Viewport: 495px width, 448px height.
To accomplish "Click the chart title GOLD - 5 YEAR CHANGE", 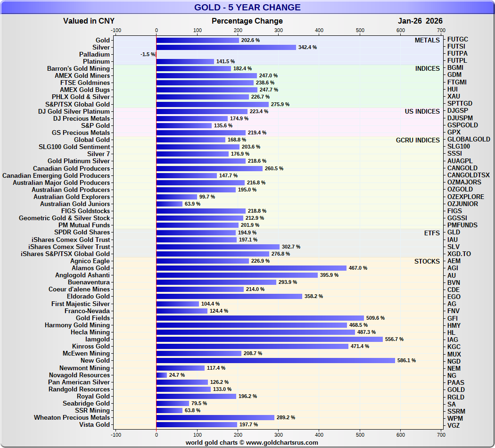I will tap(247, 8).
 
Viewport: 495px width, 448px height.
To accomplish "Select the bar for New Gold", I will tap(275, 361).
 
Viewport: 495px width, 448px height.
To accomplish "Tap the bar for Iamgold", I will tap(269, 340).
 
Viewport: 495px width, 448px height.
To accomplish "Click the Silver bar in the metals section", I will tap(226, 47).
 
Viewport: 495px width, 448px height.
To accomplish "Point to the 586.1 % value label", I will tap(406, 361).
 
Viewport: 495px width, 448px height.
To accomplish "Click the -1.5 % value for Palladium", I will tap(148, 55).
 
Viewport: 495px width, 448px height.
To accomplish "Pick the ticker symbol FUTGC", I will tap(457, 40).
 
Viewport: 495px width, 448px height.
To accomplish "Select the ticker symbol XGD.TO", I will tap(459, 254).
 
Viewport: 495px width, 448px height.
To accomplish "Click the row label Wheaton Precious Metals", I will tap(72, 418).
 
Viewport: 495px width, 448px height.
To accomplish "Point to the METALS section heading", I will tap(427, 40).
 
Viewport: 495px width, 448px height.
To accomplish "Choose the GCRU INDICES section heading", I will tap(418, 140).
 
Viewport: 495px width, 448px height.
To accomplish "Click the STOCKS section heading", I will tap(427, 261).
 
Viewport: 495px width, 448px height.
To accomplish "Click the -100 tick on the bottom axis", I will tap(115, 434).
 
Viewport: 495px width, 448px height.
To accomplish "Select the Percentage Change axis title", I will tap(247, 21).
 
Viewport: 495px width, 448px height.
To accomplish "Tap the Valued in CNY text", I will tap(89, 21).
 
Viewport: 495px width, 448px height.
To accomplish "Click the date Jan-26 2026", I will tap(420, 21).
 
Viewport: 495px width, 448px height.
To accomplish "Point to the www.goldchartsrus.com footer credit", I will tap(252, 442).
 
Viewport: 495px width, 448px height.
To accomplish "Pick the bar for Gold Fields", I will tap(260, 318).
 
